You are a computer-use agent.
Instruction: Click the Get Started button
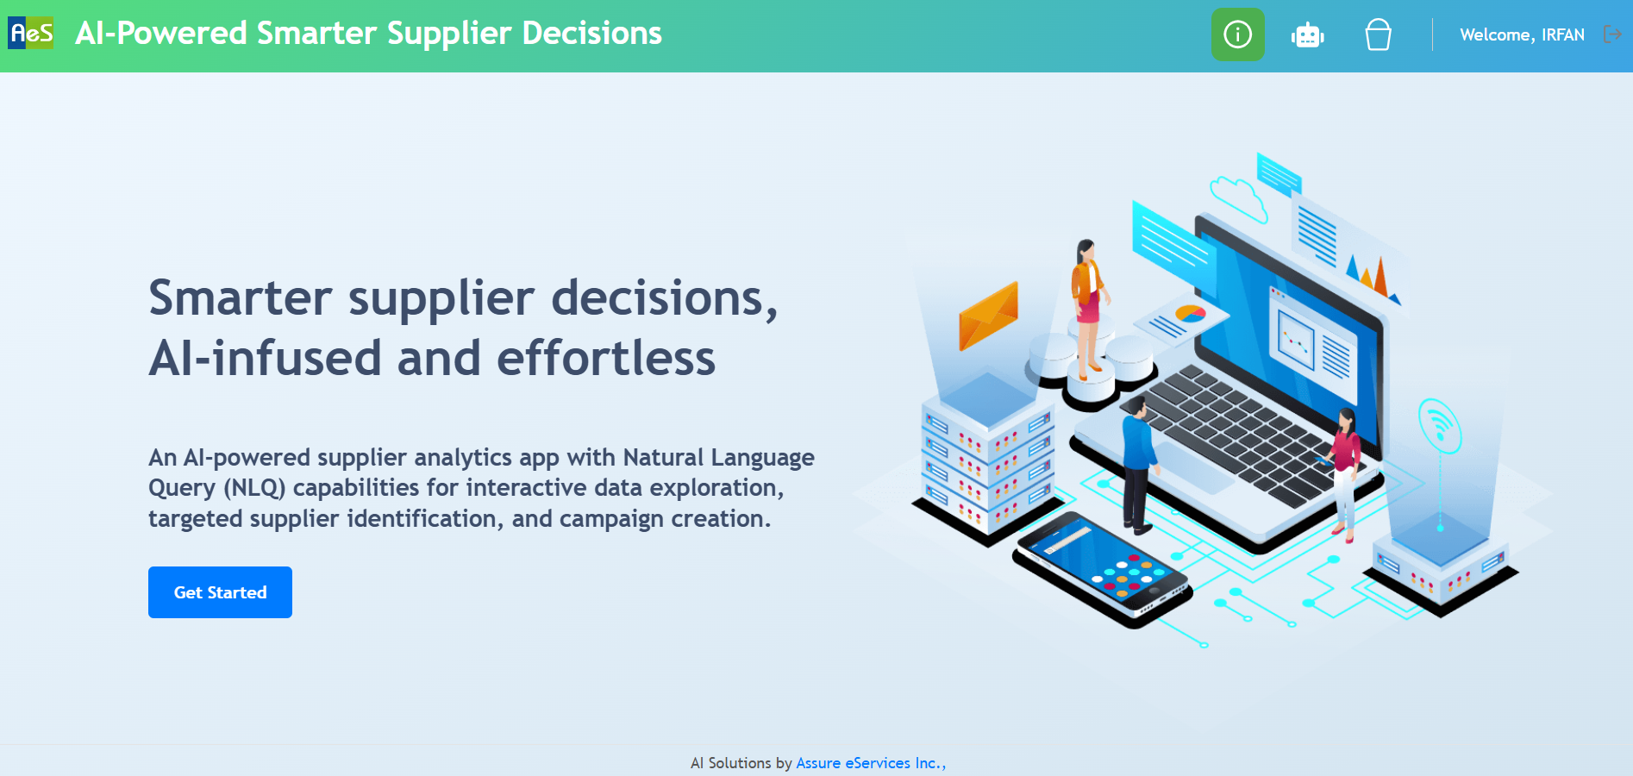click(220, 592)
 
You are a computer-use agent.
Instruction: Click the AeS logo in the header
click(31, 34)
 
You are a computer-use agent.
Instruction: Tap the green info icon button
click(1238, 34)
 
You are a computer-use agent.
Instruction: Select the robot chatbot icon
click(1308, 35)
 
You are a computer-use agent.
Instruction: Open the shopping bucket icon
click(1378, 35)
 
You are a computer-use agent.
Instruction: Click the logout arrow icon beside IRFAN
click(1612, 34)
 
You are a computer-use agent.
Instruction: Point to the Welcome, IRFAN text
click(1522, 35)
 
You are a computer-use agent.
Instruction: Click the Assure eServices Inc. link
click(871, 763)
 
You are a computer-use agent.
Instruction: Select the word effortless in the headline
click(606, 358)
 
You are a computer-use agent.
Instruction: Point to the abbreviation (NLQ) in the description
click(254, 488)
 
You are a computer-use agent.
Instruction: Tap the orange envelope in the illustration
click(989, 316)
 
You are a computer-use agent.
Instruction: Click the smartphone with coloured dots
click(1103, 570)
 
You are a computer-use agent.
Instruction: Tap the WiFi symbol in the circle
click(1439, 425)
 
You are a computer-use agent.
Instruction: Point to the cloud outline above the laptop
click(1239, 197)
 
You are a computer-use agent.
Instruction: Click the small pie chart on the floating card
click(1191, 314)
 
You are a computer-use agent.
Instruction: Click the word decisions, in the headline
click(665, 298)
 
